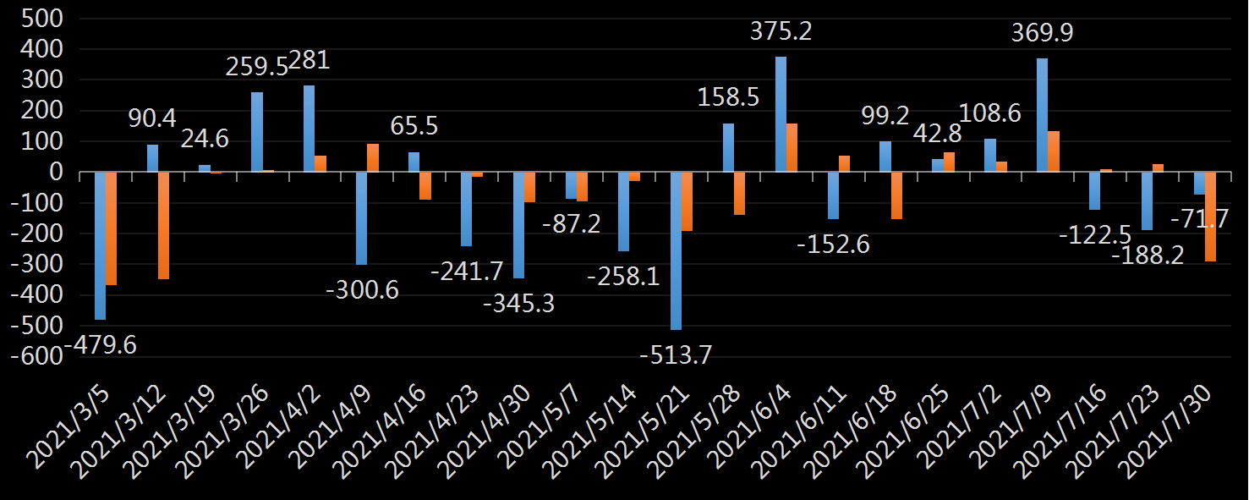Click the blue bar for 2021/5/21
pos(676,250)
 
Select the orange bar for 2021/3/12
pos(164,225)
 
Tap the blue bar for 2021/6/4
pos(781,114)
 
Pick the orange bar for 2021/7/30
pos(1211,217)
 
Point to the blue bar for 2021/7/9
pos(1042,115)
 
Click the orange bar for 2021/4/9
pos(373,158)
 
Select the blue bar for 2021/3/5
pos(100,245)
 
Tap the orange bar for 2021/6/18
pos(896,195)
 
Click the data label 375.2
pos(781,32)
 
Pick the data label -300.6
pos(362,290)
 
